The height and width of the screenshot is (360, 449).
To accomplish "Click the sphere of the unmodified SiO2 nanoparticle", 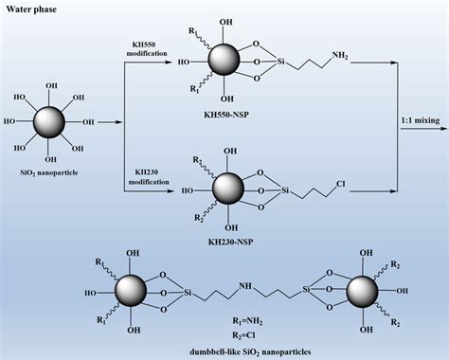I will tap(50, 122).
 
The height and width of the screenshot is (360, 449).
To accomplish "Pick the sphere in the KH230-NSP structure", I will tap(227, 188).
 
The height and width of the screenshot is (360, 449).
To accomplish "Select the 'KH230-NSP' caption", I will tap(230, 227).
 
